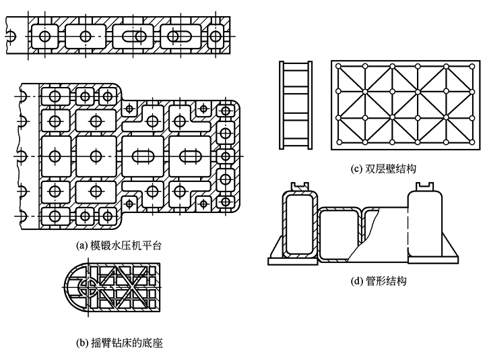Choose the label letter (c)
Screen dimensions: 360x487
tap(358, 169)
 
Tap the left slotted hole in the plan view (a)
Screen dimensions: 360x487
tap(139, 154)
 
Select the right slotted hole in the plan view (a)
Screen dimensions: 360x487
tap(186, 154)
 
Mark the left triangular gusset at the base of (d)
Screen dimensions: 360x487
tap(276, 248)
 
